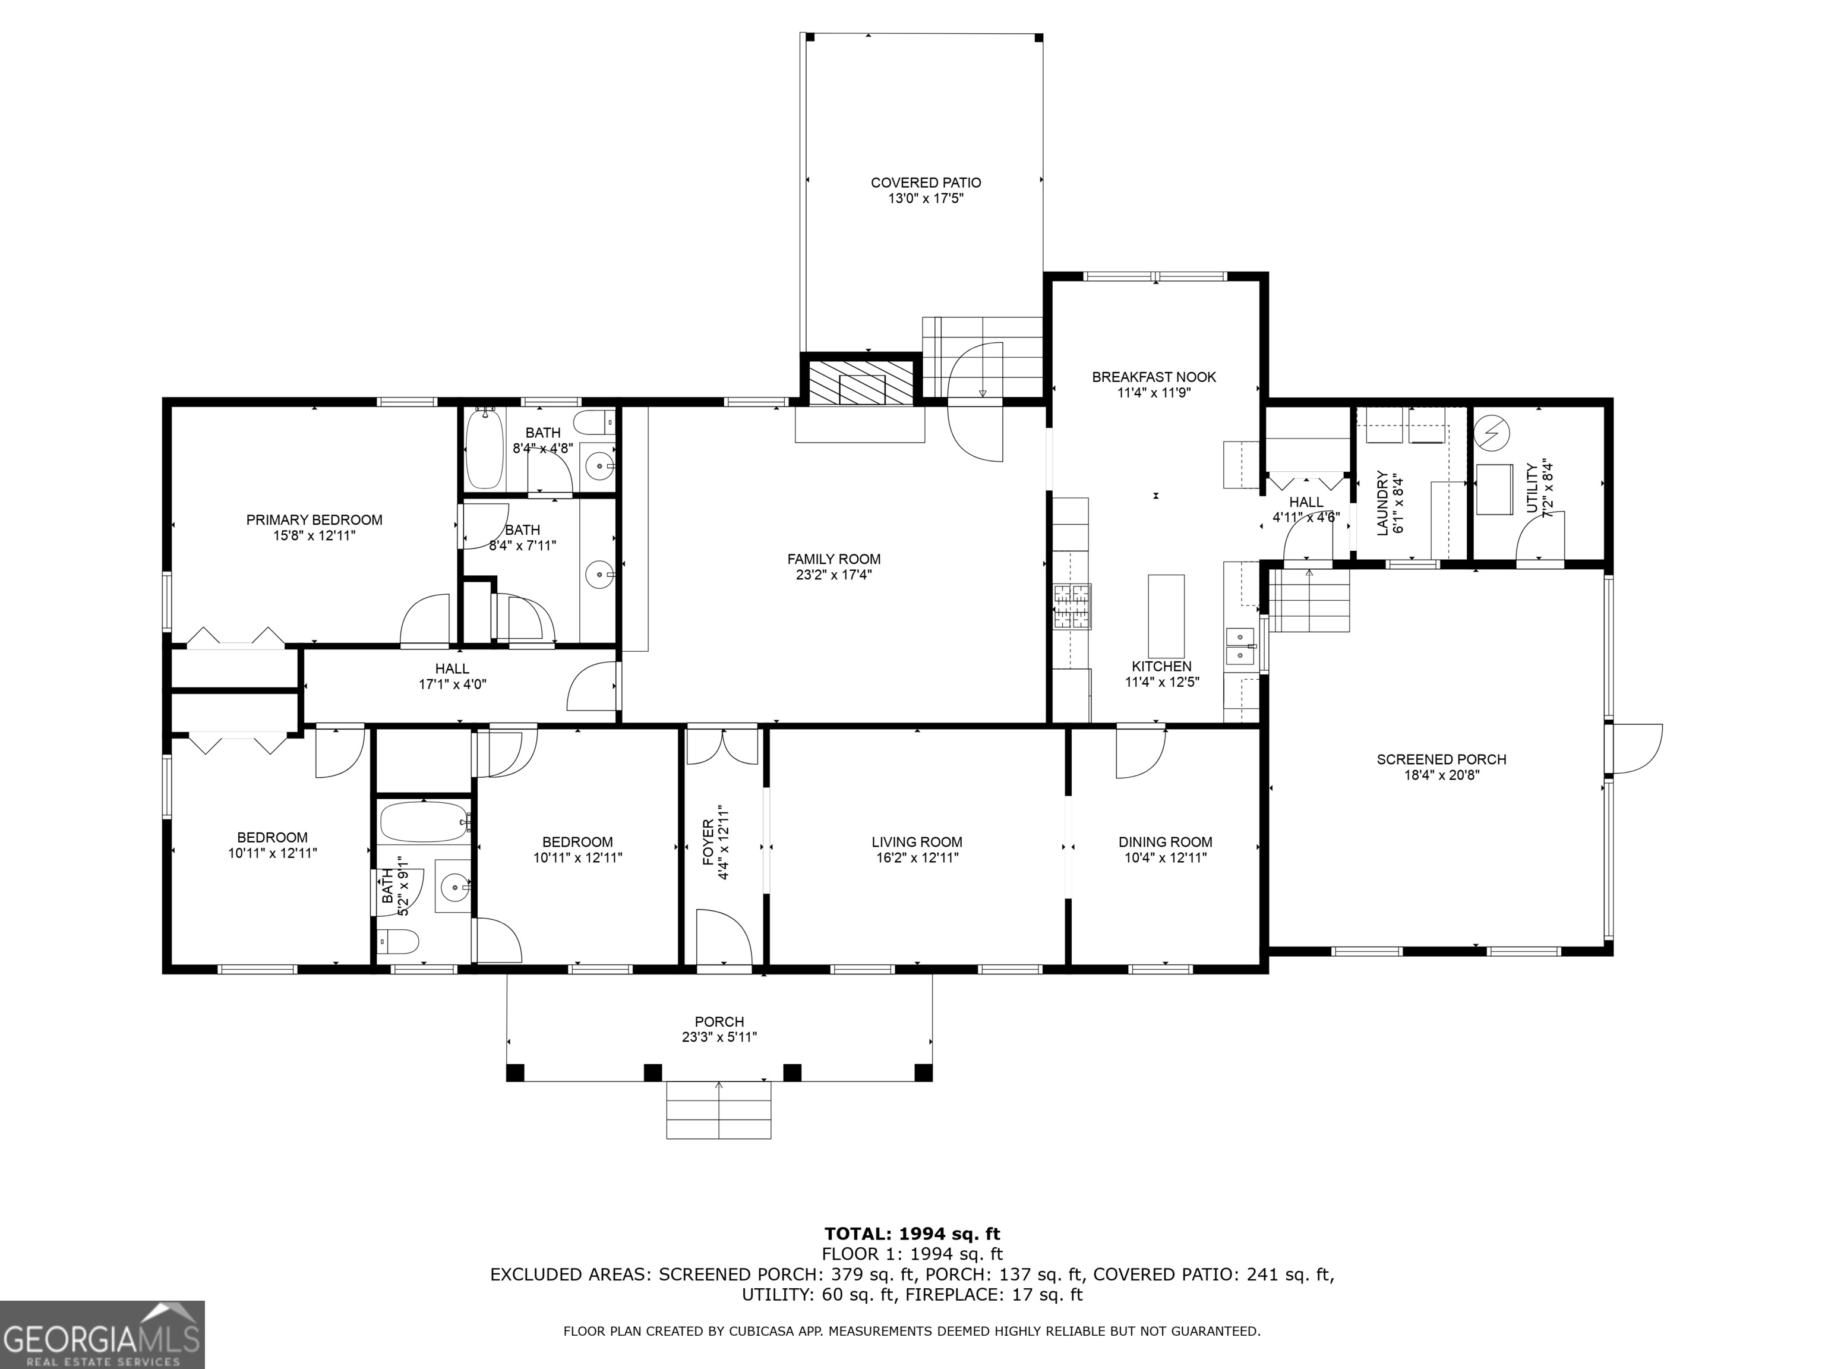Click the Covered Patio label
[926, 182]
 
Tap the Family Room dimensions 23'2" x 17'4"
[833, 575]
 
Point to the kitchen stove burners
[1071, 607]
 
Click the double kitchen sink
[1240, 646]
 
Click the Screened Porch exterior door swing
[1635, 749]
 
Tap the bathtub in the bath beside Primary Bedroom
[484, 450]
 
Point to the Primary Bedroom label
[314, 520]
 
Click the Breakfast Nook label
[1154, 377]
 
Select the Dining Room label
[1165, 842]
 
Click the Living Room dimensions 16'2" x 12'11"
[917, 857]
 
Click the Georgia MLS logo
[102, 1335]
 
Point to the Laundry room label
[1383, 503]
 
